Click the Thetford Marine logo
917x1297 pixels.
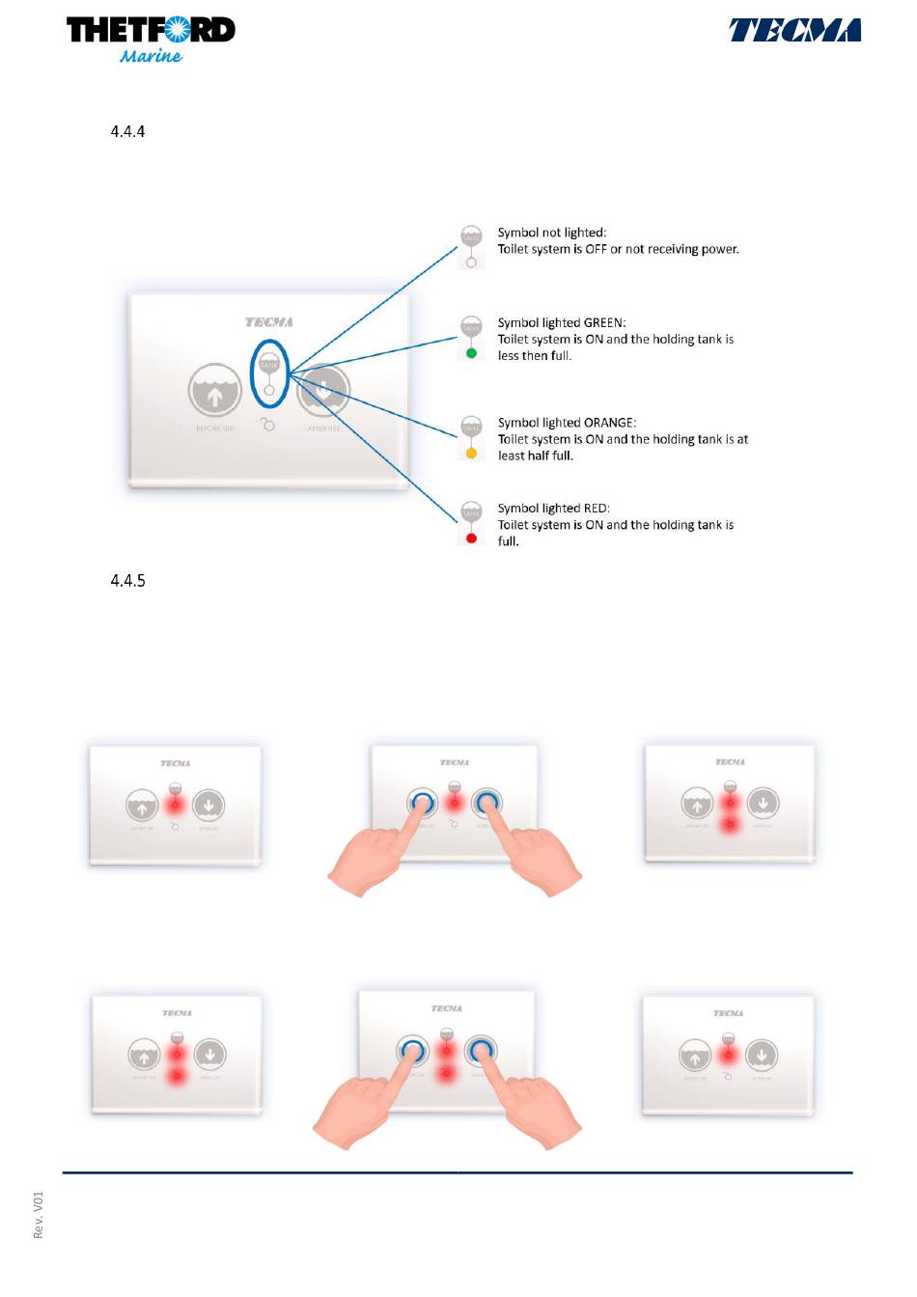151,39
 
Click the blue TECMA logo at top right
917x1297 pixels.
794,31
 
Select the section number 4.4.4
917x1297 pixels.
127,131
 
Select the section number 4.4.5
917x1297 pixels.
127,580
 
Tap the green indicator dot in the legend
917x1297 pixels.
471,353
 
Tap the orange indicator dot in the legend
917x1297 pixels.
471,453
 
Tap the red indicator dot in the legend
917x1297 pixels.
471,538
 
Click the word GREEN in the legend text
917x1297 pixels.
604,322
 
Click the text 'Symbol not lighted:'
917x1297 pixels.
551,233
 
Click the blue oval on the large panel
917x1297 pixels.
269,373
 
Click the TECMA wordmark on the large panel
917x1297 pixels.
268,322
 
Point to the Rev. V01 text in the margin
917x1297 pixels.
39,1215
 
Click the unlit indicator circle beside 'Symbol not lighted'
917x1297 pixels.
471,262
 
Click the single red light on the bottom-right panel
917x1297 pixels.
728,1055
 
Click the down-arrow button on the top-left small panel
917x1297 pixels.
208,805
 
